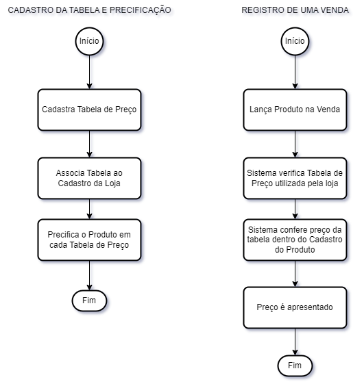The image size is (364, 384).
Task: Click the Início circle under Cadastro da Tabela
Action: click(x=89, y=41)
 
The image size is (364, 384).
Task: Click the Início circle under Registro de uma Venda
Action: click(x=295, y=41)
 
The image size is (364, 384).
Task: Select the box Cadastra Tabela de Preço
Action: click(x=89, y=110)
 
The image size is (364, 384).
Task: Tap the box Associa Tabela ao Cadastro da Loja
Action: click(x=89, y=178)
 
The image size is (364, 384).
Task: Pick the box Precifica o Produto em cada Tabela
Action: click(x=89, y=240)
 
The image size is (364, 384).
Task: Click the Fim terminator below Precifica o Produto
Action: click(x=89, y=300)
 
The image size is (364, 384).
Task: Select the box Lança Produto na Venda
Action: click(x=295, y=110)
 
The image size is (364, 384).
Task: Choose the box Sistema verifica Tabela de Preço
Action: click(x=295, y=178)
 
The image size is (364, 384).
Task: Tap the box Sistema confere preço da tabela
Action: click(x=295, y=240)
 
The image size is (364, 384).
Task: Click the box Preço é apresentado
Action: click(x=295, y=307)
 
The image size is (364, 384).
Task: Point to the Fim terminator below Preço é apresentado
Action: click(x=295, y=366)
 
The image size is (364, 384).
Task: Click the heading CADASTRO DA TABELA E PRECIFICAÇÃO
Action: click(x=90, y=10)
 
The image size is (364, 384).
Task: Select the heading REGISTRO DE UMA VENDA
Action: click(x=295, y=10)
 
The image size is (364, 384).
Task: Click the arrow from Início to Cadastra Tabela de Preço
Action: click(x=89, y=73)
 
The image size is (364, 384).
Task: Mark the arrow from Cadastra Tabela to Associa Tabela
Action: click(x=89, y=144)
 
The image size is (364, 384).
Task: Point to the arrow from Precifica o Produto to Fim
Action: click(x=89, y=275)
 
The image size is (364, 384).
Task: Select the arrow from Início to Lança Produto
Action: click(x=295, y=73)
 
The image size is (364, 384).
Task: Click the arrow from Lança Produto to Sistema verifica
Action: click(x=295, y=144)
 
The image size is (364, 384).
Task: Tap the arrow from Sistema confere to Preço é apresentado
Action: click(x=295, y=274)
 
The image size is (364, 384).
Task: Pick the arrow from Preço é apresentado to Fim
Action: click(x=295, y=342)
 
